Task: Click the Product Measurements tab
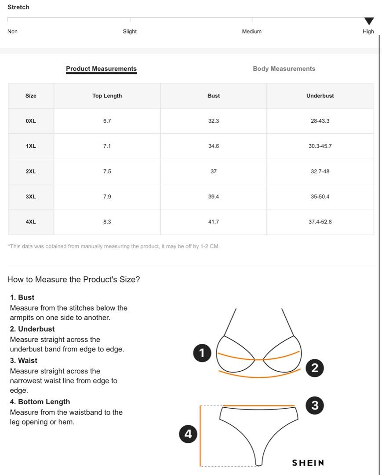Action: [x=101, y=69]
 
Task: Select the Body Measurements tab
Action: [x=284, y=69]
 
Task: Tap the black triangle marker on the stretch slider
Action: [x=369, y=21]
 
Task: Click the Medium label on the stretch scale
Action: [x=251, y=32]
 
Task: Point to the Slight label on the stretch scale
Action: [x=130, y=32]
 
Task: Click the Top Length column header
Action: [x=107, y=96]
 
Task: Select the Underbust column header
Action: [x=320, y=96]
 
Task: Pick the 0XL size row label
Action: [x=31, y=121]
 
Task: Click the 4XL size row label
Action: [x=31, y=222]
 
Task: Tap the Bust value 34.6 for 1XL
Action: [x=214, y=146]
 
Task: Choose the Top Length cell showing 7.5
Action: [x=107, y=172]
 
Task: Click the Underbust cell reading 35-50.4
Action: [x=320, y=197]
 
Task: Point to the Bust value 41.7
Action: [x=214, y=222]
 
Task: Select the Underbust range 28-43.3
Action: [x=320, y=121]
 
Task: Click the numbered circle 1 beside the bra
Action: [x=202, y=353]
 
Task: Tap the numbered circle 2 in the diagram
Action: [x=314, y=368]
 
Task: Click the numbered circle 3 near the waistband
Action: [x=314, y=405]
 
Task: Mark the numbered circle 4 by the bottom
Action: [x=188, y=434]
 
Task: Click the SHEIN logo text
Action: [x=308, y=463]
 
